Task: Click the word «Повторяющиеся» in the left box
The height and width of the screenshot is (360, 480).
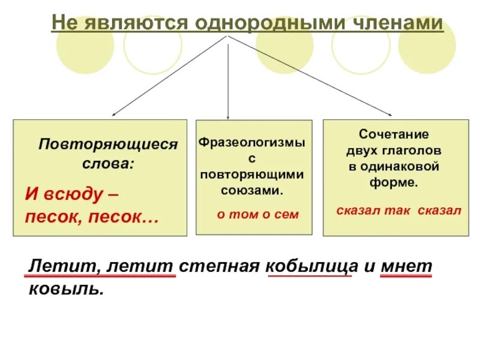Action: click(x=109, y=145)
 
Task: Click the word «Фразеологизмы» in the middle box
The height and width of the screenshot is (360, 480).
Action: click(x=252, y=144)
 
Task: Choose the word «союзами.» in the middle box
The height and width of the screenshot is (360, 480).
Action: click(x=252, y=190)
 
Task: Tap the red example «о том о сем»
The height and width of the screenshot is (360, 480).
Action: click(x=257, y=214)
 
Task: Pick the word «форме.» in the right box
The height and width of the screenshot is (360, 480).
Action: click(x=394, y=182)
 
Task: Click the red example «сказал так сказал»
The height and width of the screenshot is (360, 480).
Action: click(x=398, y=210)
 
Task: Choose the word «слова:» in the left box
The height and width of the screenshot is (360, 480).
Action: click(x=109, y=163)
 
